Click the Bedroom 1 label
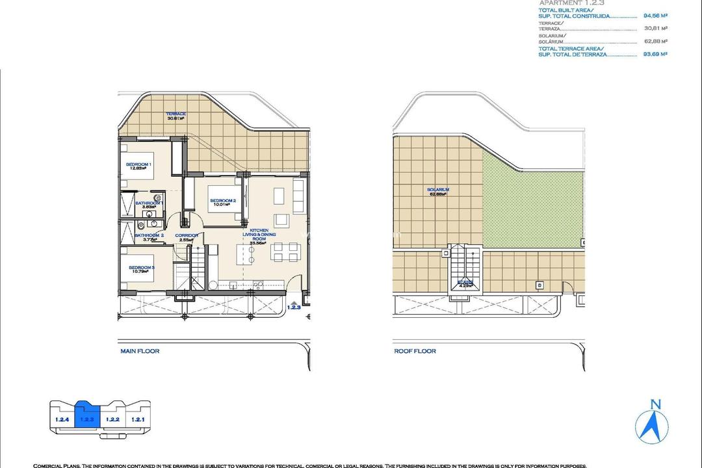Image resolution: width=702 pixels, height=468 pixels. [x=138, y=164]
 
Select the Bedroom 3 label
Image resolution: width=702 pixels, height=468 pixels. [x=141, y=267]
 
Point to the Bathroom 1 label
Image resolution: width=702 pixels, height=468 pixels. [x=146, y=203]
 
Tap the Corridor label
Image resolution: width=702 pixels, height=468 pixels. [x=187, y=235]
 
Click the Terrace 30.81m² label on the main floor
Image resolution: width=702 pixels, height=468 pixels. [x=175, y=116]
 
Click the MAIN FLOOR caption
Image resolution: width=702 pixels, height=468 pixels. [x=140, y=351]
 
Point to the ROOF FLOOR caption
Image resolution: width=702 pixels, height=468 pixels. [x=415, y=351]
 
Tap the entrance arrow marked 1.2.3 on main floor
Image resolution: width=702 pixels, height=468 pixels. [x=295, y=304]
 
